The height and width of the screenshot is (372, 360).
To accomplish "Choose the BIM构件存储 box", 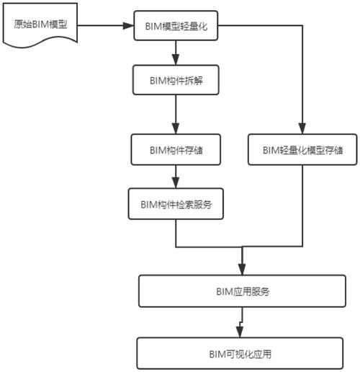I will [176, 151].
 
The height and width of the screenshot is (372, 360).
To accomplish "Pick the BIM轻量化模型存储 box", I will [302, 151].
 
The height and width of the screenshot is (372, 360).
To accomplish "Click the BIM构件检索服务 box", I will [176, 204].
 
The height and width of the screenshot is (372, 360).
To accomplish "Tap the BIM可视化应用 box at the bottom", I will [243, 353].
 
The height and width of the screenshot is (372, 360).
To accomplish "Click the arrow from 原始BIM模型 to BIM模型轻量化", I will [105, 27].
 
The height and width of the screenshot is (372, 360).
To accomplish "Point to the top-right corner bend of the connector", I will [302, 27].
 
